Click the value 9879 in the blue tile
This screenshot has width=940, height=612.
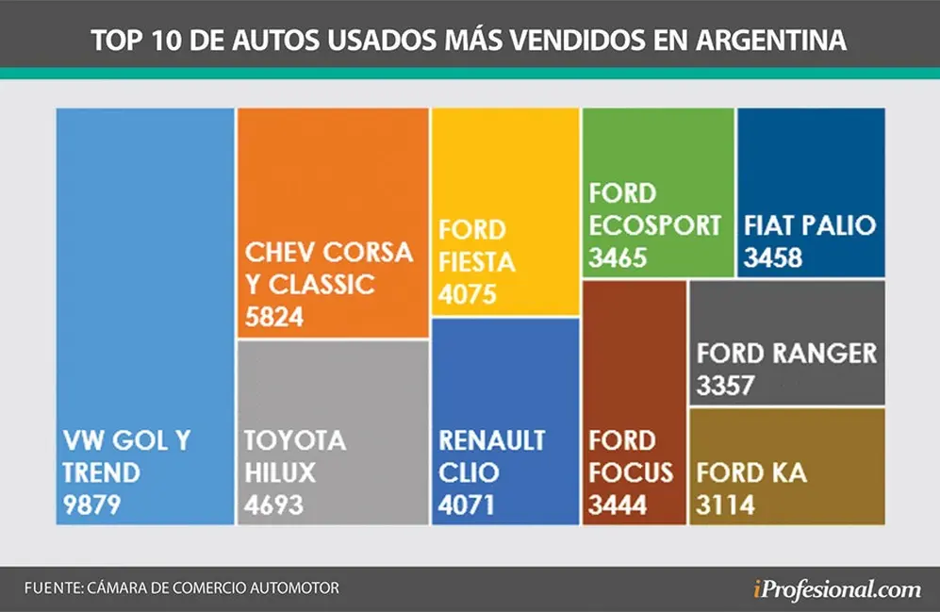pyautogui.click(x=91, y=504)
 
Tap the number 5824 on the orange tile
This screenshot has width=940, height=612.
pyautogui.click(x=274, y=317)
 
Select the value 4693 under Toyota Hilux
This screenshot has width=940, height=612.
pyautogui.click(x=273, y=504)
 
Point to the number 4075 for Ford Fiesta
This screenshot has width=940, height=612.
pyautogui.click(x=467, y=294)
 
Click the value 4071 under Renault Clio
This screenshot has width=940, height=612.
pyautogui.click(x=466, y=504)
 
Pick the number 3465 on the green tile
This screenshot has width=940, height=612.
pyautogui.click(x=618, y=257)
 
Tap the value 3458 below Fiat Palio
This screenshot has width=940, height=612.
pyautogui.click(x=773, y=257)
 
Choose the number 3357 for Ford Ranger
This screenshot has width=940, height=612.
pyautogui.click(x=725, y=386)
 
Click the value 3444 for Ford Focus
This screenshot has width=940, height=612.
pyautogui.click(x=618, y=504)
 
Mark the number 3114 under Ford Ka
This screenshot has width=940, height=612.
pyautogui.click(x=725, y=504)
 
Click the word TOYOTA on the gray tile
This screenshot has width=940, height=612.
pyautogui.click(x=295, y=440)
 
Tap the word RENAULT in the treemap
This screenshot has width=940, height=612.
pyautogui.click(x=491, y=440)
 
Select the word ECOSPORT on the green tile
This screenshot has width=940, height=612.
pyautogui.click(x=654, y=225)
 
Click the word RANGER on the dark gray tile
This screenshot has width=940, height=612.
pyautogui.click(x=824, y=353)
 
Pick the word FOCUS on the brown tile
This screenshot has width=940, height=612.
pyautogui.click(x=631, y=473)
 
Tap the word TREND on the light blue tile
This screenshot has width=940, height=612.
pyautogui.click(x=101, y=473)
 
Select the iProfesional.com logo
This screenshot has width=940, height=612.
pyautogui.click(x=837, y=589)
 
